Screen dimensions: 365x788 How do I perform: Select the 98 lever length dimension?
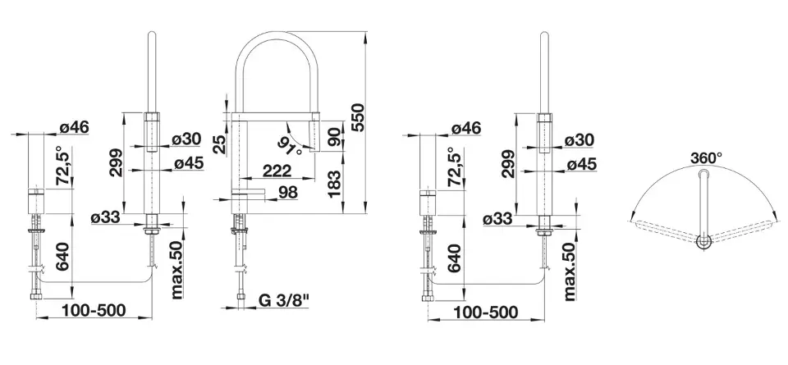click(x=287, y=193)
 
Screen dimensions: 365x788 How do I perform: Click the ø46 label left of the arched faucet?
click(x=73, y=127)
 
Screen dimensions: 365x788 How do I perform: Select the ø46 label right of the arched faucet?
click(x=465, y=127)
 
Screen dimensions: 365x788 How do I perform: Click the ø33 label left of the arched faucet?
click(x=107, y=218)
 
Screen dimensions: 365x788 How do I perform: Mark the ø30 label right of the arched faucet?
click(x=580, y=140)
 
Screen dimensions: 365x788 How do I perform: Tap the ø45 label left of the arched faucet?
click(x=187, y=163)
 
